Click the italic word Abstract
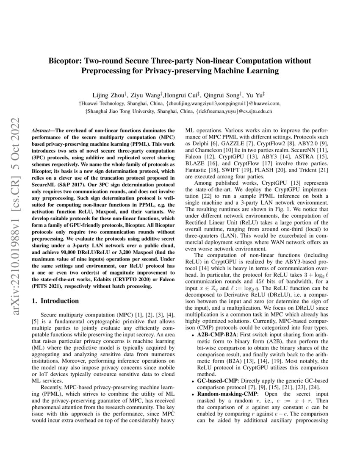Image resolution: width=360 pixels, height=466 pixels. tap(43, 131)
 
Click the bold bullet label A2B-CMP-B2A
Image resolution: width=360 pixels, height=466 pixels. tap(216, 334)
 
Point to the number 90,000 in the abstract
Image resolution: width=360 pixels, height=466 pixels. tap(82, 253)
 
